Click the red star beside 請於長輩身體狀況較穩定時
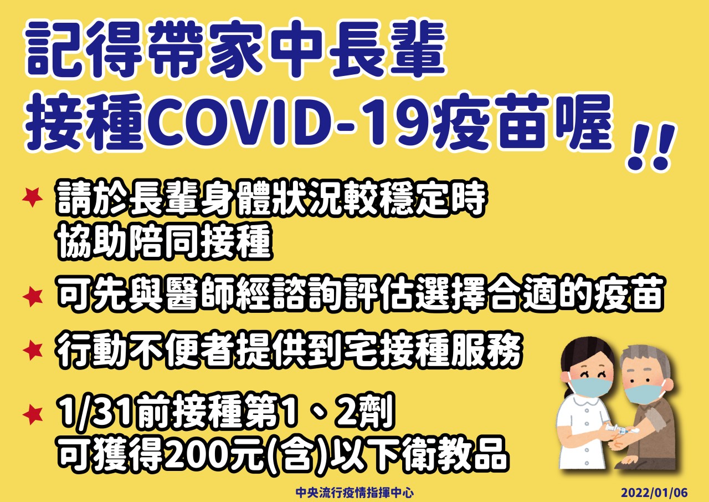[32, 197]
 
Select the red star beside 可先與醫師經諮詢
[32, 297]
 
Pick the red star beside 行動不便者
[32, 350]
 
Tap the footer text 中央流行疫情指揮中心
[354, 493]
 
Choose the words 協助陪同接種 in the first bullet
[165, 242]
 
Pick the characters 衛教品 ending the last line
[456, 455]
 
